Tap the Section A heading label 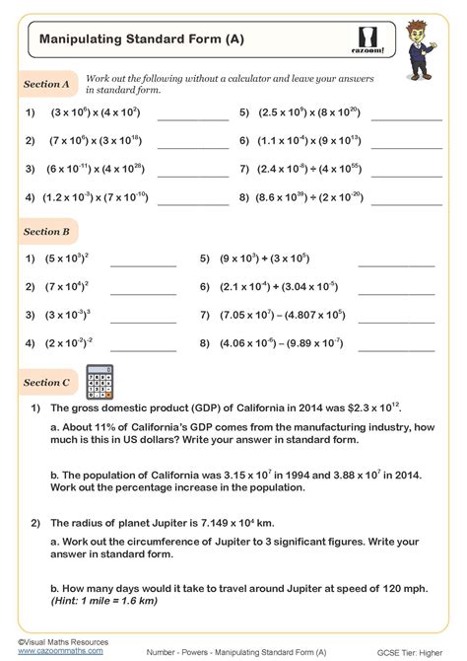[46, 85]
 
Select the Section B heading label [46, 232]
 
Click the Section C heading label [46, 382]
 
